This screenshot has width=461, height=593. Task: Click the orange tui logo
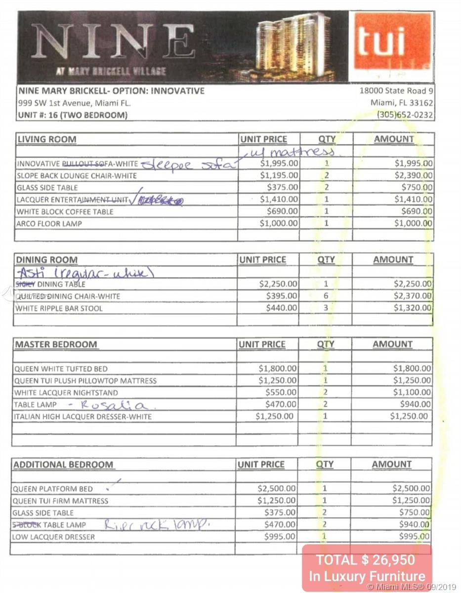point(391,46)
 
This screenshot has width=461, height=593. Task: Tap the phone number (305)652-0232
point(405,115)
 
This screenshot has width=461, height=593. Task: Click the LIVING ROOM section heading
point(47,139)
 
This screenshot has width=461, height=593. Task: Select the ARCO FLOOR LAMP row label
point(49,223)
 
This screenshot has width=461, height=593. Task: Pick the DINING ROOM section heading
point(47,260)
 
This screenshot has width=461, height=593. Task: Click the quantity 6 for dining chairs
point(326,296)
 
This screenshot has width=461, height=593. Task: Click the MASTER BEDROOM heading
point(55,344)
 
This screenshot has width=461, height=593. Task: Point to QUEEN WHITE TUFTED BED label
point(60,369)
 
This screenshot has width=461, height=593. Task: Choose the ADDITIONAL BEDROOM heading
point(63,465)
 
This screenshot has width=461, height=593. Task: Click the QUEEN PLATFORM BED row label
point(52,489)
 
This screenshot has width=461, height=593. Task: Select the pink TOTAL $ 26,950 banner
point(367,567)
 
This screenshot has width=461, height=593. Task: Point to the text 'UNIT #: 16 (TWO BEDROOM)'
point(73,115)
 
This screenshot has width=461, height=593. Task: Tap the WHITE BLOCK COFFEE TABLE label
point(65,212)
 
